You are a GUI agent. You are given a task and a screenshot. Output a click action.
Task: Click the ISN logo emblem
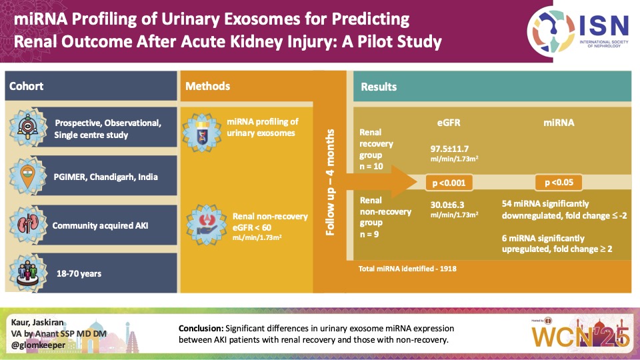point(551,27)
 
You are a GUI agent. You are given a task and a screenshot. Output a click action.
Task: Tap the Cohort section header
point(27,87)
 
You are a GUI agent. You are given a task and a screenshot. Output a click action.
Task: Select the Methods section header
point(207,87)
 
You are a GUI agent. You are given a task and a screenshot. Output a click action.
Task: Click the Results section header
point(379,87)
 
